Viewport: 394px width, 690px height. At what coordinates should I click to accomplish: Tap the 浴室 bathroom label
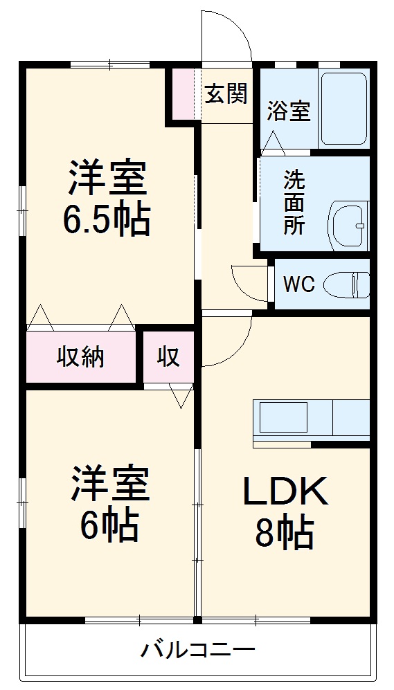click(288, 110)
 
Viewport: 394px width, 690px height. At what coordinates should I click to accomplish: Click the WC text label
click(298, 284)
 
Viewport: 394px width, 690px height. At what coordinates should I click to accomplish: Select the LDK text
click(284, 493)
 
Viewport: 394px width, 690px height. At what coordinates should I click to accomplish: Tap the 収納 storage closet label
click(80, 357)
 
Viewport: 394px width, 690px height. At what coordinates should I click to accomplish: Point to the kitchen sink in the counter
click(283, 418)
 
